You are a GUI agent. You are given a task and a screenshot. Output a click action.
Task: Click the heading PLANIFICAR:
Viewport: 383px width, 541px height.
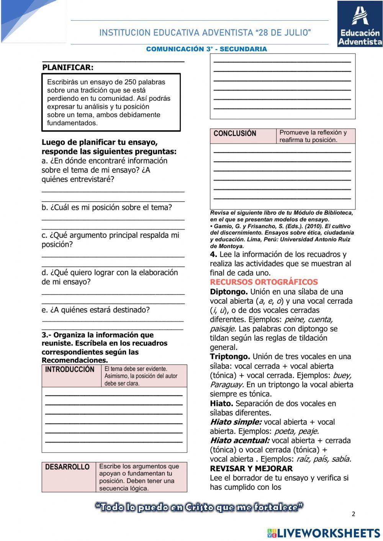click(68, 68)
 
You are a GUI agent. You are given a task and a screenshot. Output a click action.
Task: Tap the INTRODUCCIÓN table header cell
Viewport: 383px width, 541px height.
click(70, 369)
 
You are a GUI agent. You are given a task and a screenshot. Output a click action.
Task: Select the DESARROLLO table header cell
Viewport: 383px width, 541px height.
click(67, 467)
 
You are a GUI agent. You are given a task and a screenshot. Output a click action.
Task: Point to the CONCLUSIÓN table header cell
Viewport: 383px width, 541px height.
click(235, 134)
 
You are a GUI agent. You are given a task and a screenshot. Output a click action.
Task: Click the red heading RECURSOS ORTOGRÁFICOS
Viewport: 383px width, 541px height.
click(264, 282)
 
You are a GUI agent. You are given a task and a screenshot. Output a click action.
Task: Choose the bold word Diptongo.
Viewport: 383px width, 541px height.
click(229, 292)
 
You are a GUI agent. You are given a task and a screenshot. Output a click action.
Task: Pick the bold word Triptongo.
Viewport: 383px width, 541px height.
click(230, 357)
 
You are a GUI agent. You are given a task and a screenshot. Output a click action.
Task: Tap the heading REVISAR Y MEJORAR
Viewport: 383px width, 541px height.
click(251, 469)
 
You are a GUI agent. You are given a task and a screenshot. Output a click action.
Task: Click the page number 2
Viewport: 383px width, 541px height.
click(354, 514)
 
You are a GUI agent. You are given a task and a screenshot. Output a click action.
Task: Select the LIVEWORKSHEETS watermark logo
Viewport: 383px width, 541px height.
click(324, 533)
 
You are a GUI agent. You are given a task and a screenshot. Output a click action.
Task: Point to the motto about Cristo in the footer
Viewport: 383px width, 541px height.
click(199, 508)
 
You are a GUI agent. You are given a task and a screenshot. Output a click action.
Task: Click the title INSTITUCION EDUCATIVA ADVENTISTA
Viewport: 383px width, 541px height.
click(205, 33)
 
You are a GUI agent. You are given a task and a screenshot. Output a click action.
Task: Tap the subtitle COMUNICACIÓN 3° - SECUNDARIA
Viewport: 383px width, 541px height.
click(206, 49)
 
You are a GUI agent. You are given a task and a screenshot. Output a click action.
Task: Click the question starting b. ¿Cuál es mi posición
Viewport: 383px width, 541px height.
click(107, 208)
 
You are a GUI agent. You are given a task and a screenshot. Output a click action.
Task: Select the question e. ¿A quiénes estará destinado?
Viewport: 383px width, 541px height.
click(96, 310)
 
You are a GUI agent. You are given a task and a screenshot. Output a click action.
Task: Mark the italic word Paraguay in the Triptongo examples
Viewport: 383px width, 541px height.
click(226, 385)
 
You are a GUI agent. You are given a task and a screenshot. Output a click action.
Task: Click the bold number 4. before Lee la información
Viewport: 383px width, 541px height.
click(213, 255)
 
